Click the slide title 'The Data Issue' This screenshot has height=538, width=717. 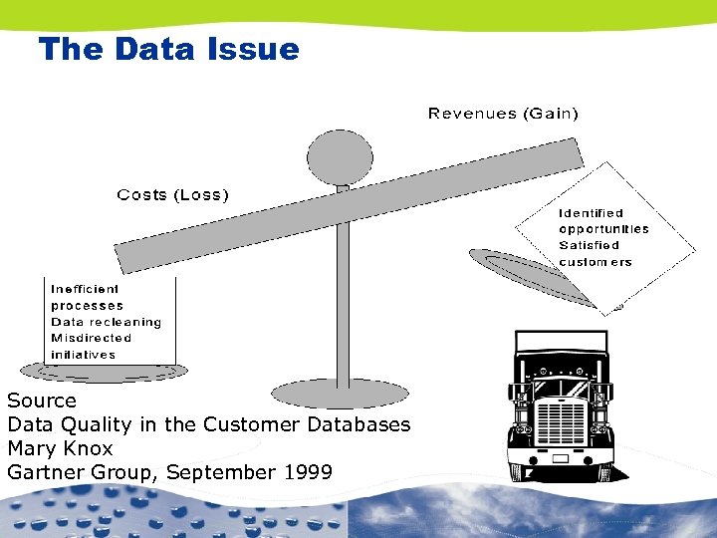coord(168,49)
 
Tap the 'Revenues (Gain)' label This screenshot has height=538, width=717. coord(503,114)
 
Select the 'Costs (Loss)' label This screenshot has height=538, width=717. coord(173,195)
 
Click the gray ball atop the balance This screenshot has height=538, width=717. coord(340,156)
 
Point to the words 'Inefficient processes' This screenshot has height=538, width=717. coord(88,297)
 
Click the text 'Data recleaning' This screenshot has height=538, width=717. coord(106,322)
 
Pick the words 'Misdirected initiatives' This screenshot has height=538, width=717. coord(91,346)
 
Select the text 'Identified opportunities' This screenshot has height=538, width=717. coord(602,220)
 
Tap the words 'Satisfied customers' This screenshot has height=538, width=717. coord(595,253)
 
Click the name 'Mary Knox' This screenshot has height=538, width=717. coord(60,448)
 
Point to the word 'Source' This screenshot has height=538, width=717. coord(42,401)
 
